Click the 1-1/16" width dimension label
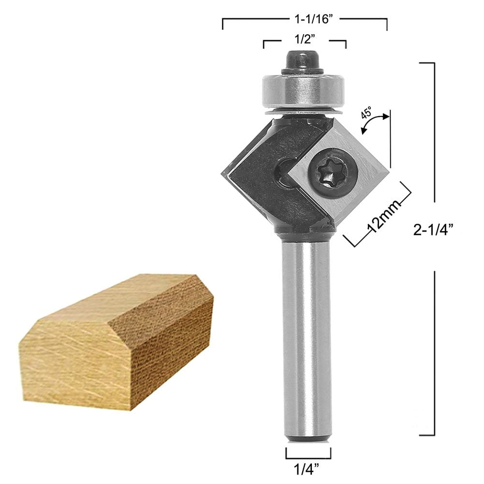tap(305, 20)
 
